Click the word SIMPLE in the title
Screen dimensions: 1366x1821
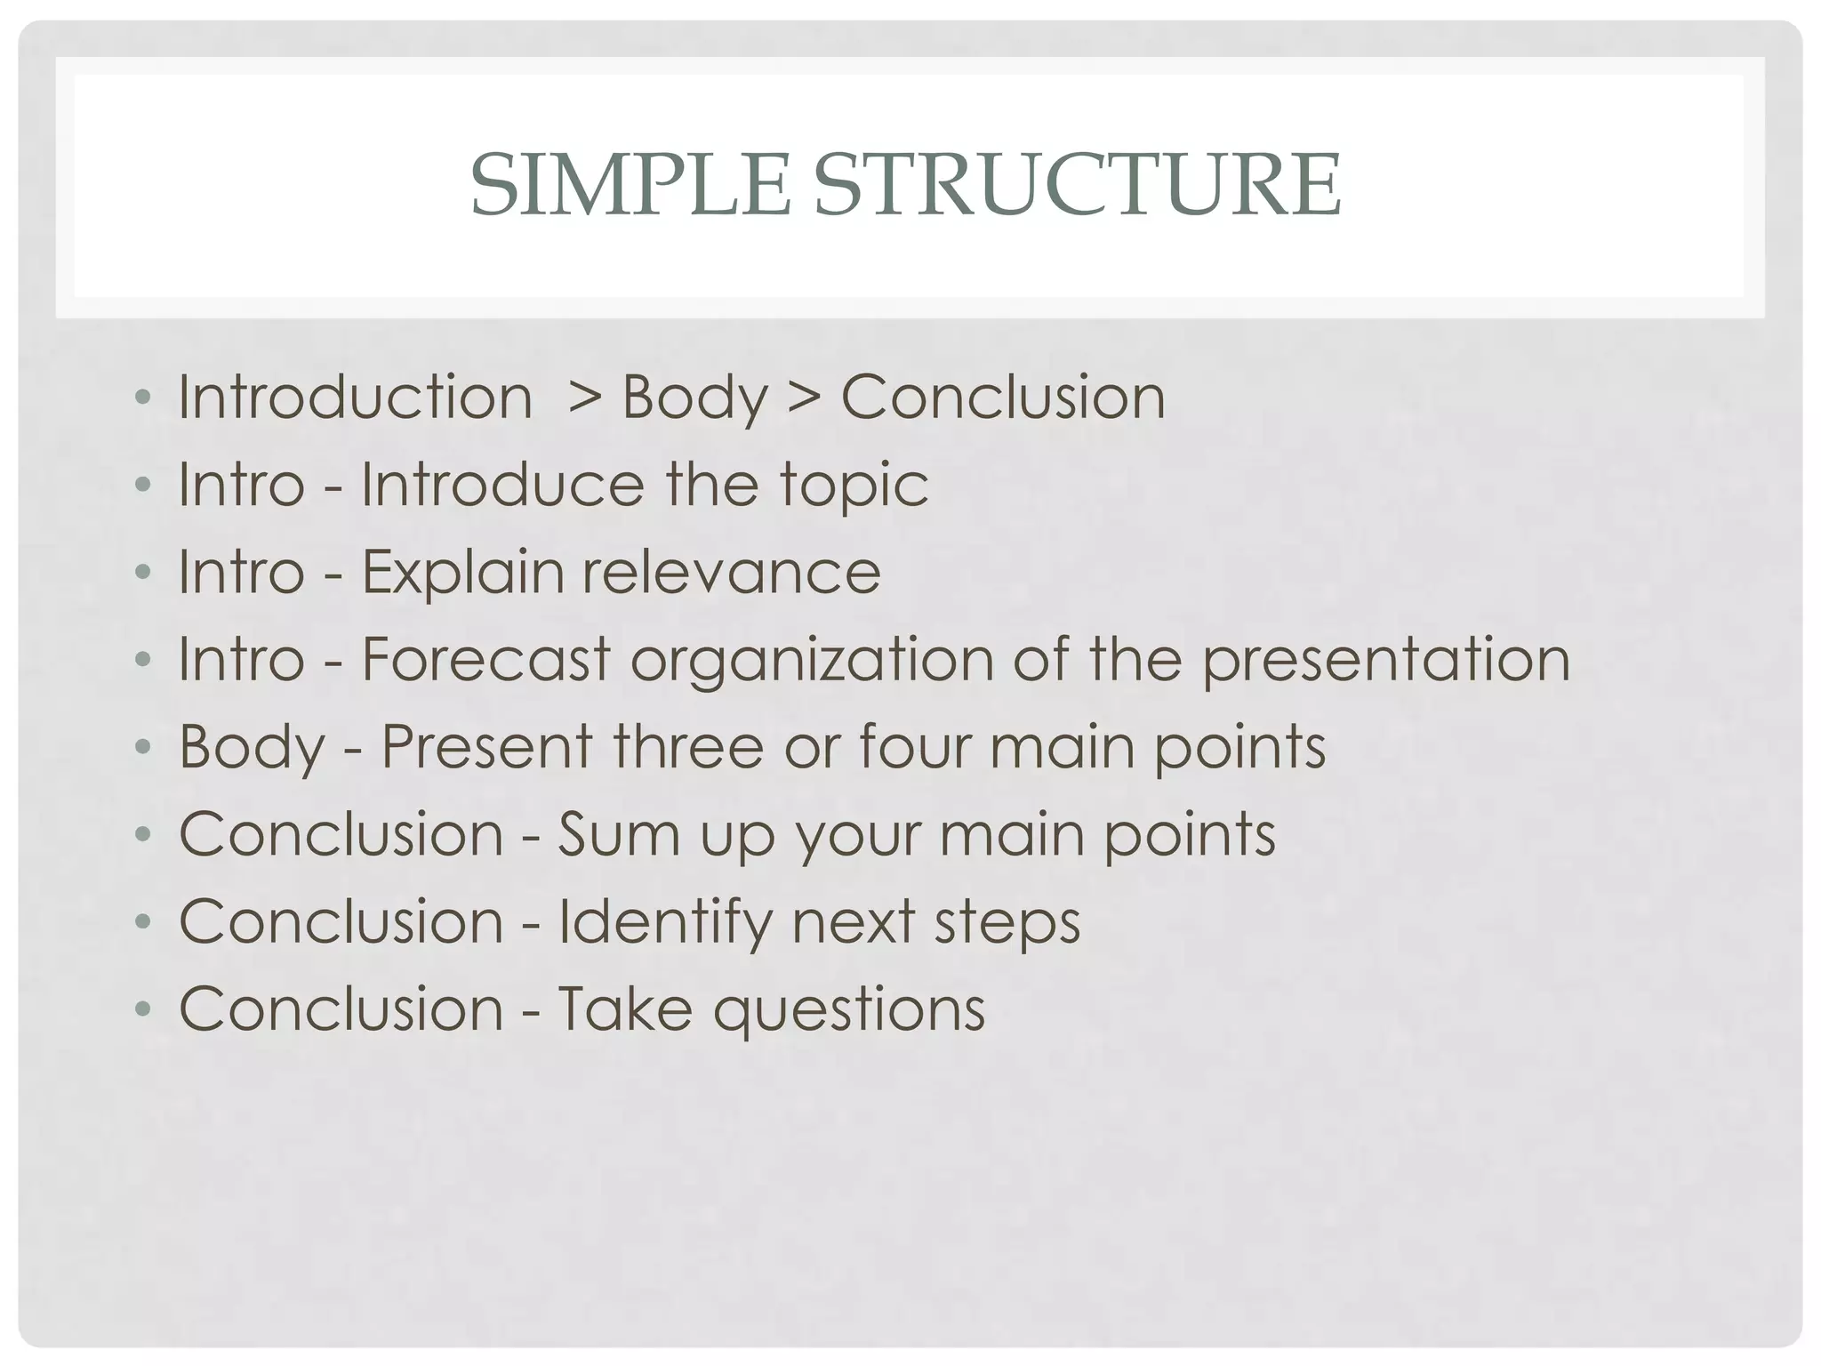click(x=630, y=186)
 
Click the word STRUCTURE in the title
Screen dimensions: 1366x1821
click(x=1077, y=186)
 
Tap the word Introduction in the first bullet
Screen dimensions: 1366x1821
click(x=355, y=397)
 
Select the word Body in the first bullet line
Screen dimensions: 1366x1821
click(x=694, y=398)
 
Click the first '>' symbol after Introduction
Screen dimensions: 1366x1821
click(x=585, y=398)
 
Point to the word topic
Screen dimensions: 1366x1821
click(x=854, y=486)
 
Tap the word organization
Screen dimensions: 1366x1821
click(x=812, y=661)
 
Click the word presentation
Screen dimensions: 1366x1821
click(x=1386, y=661)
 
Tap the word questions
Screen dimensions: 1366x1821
click(x=849, y=1010)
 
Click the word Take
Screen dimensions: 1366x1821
click(x=624, y=1008)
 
